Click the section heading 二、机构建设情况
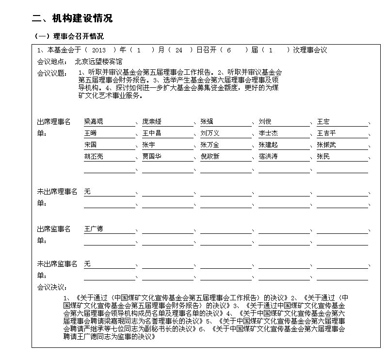coord(72,18)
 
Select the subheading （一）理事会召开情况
coord(68,37)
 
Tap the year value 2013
coord(98,50)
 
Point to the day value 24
coord(178,50)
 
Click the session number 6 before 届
coord(228,50)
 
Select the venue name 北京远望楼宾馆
coord(98,62)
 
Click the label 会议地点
coord(52,62)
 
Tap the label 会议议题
coord(52,73)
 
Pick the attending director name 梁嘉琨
coord(94,121)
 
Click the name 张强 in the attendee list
coord(207,121)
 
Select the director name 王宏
coord(323,121)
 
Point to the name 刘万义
coord(210,133)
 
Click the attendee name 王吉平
coord(326,133)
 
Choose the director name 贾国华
coord(152,156)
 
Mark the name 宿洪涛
coord(268,156)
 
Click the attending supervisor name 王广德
coord(94,229)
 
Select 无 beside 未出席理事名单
coord(87,192)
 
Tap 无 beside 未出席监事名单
coord(87,263)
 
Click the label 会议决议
coord(52,287)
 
